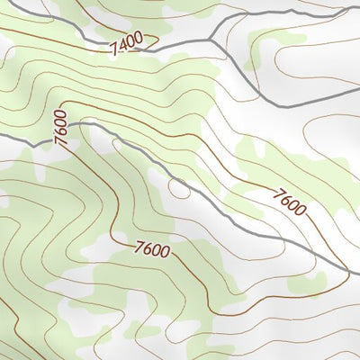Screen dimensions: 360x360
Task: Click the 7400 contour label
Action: (128, 43)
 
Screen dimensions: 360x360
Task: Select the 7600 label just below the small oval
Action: (153, 248)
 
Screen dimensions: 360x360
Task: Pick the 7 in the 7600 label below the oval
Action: (139, 244)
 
